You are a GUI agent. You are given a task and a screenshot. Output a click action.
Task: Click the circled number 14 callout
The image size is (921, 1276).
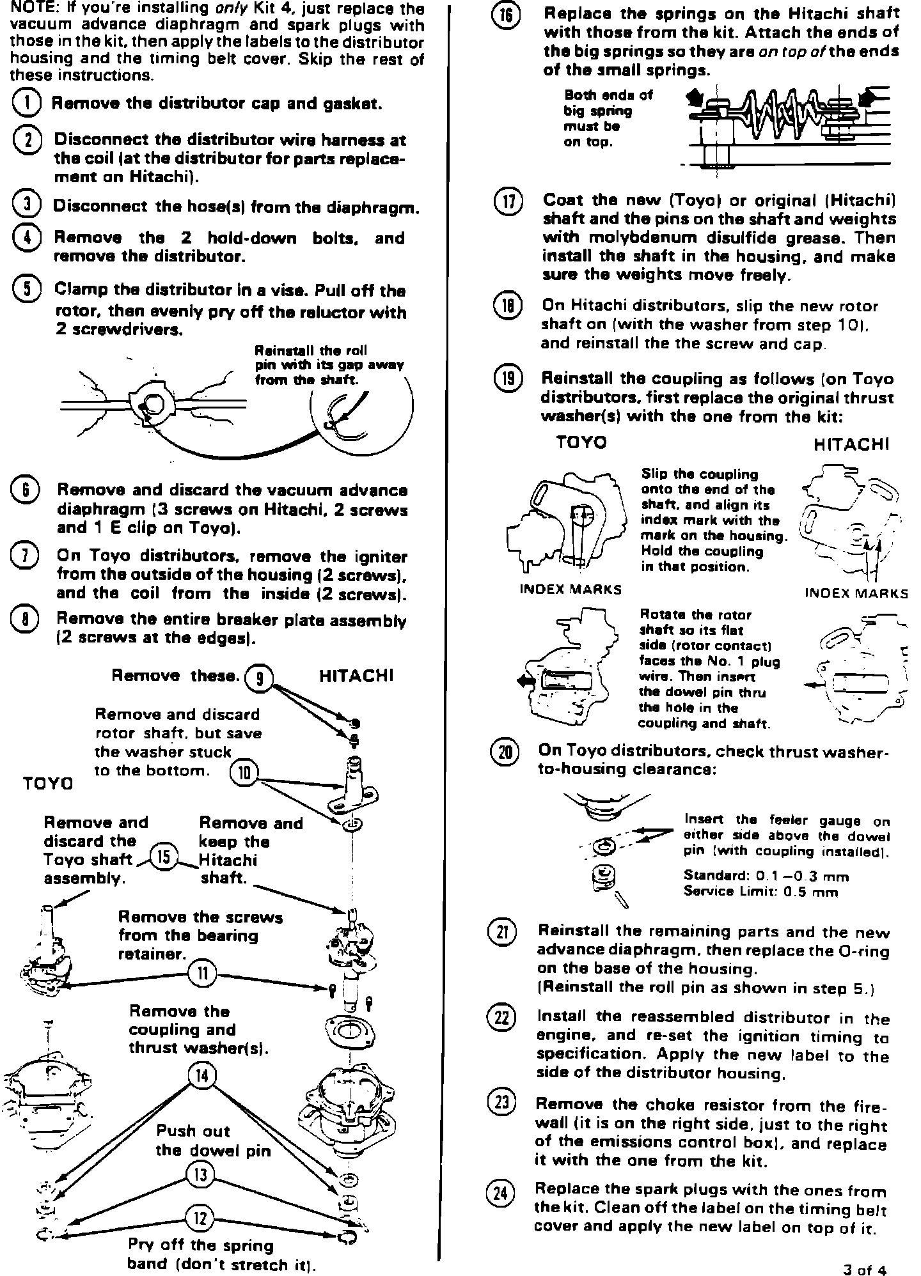coord(201,1076)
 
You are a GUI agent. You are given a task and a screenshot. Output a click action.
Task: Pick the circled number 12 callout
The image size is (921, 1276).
coord(201,1218)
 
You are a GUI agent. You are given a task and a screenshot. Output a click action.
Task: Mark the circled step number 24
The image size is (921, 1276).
coord(501,1193)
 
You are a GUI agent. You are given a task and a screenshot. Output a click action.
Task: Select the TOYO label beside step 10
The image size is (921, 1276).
coord(48,782)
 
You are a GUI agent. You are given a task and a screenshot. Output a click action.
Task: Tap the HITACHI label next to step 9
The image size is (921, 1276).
coord(356,676)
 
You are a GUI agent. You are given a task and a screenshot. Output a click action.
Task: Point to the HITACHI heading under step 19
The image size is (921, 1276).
coord(851,444)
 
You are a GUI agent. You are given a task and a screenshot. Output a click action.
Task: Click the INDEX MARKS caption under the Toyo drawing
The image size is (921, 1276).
coord(570,589)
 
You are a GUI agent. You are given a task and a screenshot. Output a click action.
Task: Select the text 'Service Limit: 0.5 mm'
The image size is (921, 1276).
coord(760,892)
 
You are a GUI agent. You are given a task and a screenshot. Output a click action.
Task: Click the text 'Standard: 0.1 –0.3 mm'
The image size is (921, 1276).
coord(766,875)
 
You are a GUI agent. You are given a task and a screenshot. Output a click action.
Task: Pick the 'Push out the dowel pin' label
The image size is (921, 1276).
coord(213,1140)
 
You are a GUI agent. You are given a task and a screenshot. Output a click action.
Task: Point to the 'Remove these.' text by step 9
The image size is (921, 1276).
coord(175,676)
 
